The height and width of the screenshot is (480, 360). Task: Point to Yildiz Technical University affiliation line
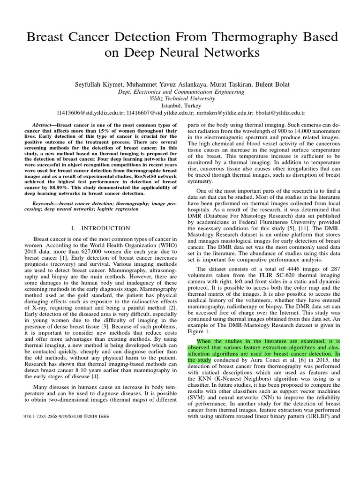point(180,99)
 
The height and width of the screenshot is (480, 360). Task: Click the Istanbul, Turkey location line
point(180,106)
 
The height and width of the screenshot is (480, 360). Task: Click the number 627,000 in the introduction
point(100,251)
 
